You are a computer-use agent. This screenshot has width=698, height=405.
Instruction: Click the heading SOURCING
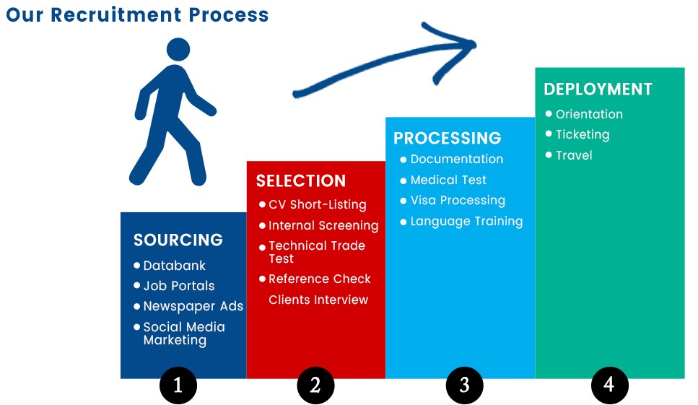178,240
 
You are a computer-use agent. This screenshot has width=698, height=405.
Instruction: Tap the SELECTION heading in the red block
301,180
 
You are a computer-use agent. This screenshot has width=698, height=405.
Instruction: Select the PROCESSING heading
448,138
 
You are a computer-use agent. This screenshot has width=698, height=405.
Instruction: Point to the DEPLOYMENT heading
598,89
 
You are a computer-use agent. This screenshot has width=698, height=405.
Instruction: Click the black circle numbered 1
178,385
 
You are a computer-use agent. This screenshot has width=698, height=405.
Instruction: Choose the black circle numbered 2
315,385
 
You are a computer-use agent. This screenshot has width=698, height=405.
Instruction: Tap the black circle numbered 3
465,385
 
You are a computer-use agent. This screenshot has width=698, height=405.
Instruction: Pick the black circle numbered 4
610,385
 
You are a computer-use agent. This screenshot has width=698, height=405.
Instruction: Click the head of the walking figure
178,49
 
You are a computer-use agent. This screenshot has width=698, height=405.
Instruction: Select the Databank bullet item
175,266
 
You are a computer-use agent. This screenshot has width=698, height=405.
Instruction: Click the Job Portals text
179,286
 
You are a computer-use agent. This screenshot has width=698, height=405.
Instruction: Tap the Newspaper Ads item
193,306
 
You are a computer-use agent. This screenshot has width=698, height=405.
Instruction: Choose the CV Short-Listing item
318,205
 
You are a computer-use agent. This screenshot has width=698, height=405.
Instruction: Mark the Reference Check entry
320,279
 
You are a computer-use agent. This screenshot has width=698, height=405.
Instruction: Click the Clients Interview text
318,300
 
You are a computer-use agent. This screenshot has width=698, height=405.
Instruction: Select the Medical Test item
448,180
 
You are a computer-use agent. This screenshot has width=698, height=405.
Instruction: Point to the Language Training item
466,222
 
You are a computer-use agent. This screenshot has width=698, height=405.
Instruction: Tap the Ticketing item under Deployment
583,135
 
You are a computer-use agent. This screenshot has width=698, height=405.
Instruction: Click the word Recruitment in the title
116,14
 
